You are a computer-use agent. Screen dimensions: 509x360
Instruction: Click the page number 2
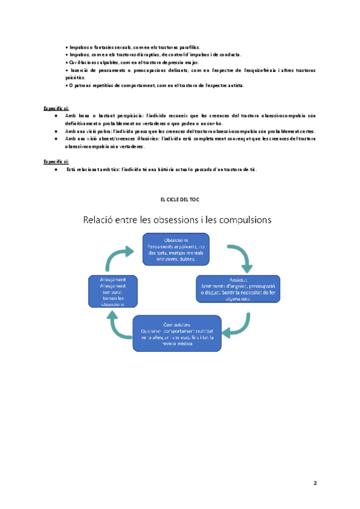click(x=314, y=483)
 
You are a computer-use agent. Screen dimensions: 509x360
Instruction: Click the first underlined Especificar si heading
click(x=56, y=107)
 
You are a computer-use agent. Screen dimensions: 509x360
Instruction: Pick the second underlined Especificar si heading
click(x=56, y=161)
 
